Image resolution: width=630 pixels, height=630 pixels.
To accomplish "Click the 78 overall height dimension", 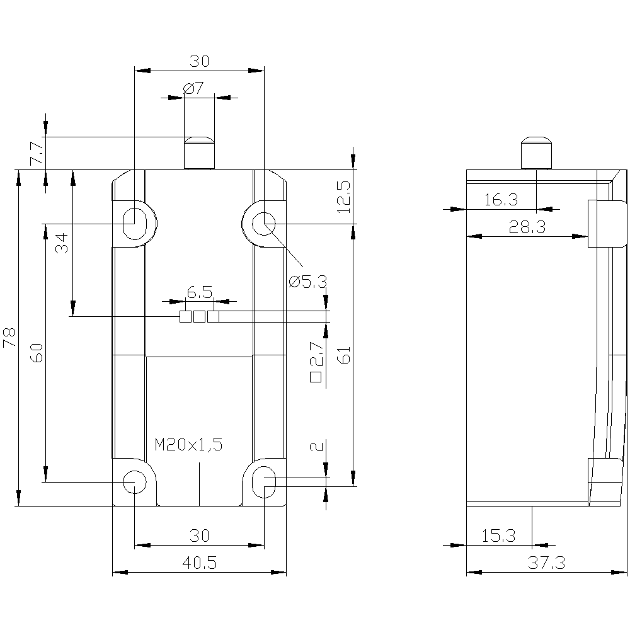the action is coord(9,338).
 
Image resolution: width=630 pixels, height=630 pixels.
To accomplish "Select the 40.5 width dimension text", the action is coord(199,563).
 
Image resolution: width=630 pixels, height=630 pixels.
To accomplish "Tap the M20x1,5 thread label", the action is coord(188,445).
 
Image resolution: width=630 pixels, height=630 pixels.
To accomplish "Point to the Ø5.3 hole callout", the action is coord(308,282).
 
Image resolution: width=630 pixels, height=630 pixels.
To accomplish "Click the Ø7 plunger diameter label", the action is coord(193,88).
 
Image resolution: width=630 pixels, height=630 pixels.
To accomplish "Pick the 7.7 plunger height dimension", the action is coord(37,152).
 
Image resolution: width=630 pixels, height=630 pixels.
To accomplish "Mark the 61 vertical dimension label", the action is coord(344,355).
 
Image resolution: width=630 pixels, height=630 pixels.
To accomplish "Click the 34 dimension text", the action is coord(62,243).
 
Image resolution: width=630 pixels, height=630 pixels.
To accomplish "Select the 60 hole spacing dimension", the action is coord(37,353).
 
